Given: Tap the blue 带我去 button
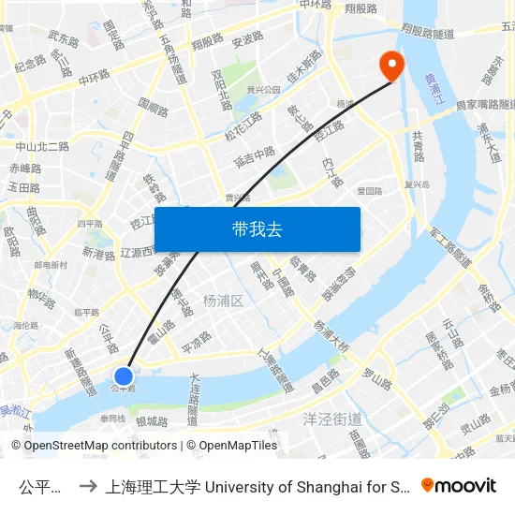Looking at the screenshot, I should (257, 229).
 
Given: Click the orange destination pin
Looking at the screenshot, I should (389, 66).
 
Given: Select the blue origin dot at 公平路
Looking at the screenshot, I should (124, 375).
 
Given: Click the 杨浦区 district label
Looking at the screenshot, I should (223, 300).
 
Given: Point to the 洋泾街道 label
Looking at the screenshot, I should (332, 418).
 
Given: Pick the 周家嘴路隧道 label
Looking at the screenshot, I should (482, 105).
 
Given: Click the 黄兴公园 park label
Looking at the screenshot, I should (263, 90).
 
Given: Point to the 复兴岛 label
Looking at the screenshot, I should (417, 184).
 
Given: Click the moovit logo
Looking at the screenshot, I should (459, 485).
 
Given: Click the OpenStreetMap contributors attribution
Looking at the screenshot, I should (94, 446).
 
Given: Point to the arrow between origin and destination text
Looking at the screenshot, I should (85, 486).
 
